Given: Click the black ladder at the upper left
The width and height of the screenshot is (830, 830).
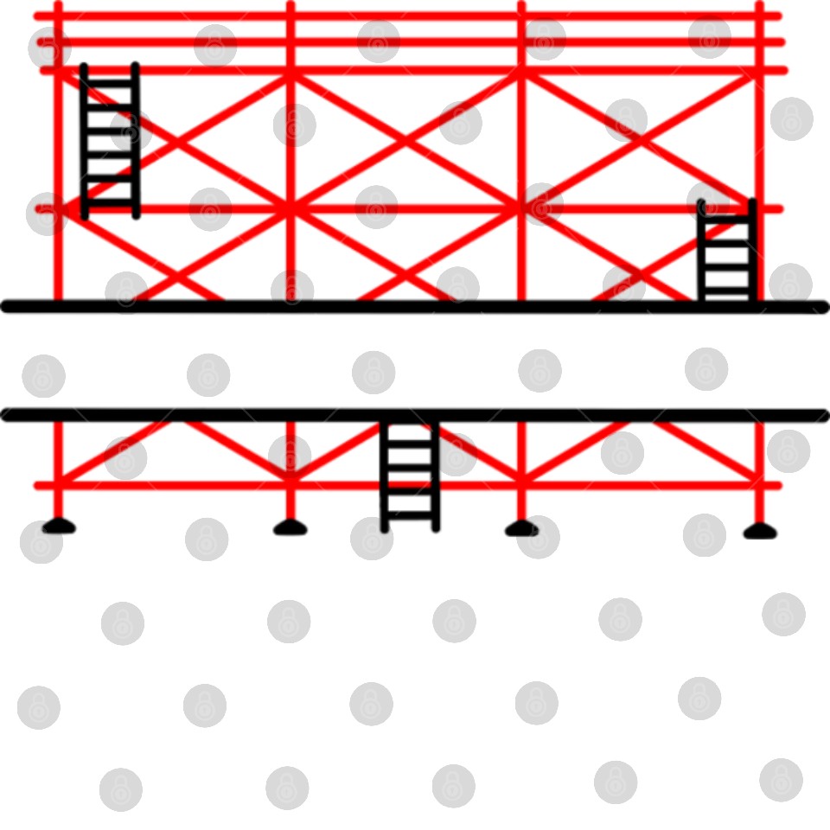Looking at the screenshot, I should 110,141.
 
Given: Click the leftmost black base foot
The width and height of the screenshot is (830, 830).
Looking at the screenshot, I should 59,526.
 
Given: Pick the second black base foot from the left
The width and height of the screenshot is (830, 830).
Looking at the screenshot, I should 290,527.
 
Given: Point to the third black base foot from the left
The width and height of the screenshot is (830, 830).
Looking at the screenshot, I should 520,528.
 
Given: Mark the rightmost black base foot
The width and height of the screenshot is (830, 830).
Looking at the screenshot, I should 760,531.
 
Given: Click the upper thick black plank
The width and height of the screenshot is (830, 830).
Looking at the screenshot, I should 415,307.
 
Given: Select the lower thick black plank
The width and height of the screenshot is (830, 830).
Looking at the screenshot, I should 415,415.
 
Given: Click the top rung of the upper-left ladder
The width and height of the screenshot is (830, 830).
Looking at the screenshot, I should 110,84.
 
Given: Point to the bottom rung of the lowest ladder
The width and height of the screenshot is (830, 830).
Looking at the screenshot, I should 410,514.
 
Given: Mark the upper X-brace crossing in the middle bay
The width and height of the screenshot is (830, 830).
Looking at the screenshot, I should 405,141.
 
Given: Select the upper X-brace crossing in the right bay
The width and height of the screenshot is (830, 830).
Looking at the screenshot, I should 638,141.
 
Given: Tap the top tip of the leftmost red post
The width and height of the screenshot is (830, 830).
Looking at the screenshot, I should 59,5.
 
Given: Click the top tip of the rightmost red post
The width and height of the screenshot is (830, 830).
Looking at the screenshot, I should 759,5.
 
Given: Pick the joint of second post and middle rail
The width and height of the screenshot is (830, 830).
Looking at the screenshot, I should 290,208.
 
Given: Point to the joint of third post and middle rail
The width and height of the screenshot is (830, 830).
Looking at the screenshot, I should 520,208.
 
